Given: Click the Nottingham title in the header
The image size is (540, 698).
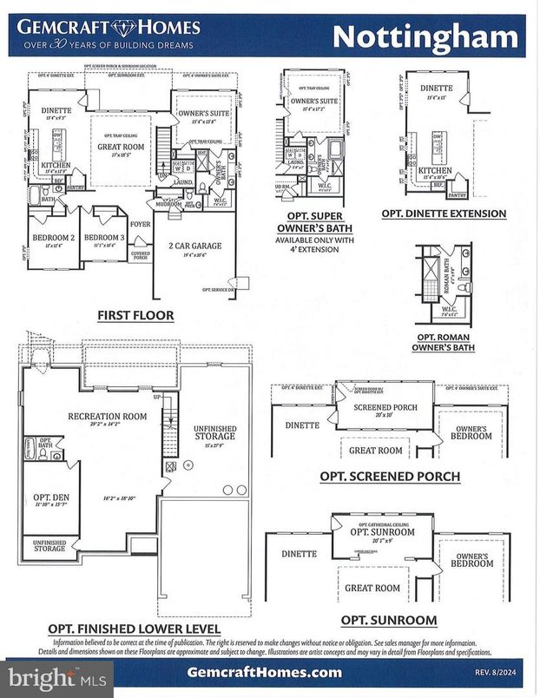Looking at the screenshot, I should coord(425,36).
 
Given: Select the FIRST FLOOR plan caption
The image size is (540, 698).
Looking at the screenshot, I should coord(135,315).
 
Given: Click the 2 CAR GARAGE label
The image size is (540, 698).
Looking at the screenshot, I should coord(194,247).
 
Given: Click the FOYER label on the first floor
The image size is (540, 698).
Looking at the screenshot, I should coord(141,222).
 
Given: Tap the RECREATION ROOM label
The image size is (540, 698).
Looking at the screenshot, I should coord(108,416).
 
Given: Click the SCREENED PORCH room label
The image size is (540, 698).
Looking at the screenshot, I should coord(385,406).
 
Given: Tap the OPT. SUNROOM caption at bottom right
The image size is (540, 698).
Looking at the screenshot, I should coord(389,619).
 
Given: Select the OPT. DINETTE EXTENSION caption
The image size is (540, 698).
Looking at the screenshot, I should coord(444,214).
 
